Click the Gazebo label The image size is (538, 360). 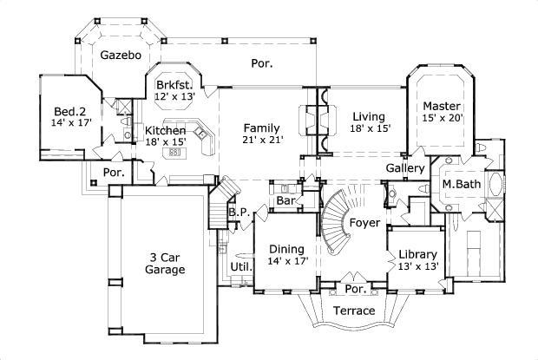coord(121,55)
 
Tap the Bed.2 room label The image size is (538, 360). coord(67,113)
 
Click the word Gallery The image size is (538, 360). coord(405,167)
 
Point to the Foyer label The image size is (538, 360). coord(364,223)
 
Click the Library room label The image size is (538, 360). coord(416,255)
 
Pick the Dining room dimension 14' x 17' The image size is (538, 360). coord(287,261)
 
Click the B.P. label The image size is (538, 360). coord(239,212)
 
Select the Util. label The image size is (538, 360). coord(240,267)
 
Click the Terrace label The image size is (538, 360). coord(354,311)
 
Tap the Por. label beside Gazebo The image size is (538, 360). coord(260,63)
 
